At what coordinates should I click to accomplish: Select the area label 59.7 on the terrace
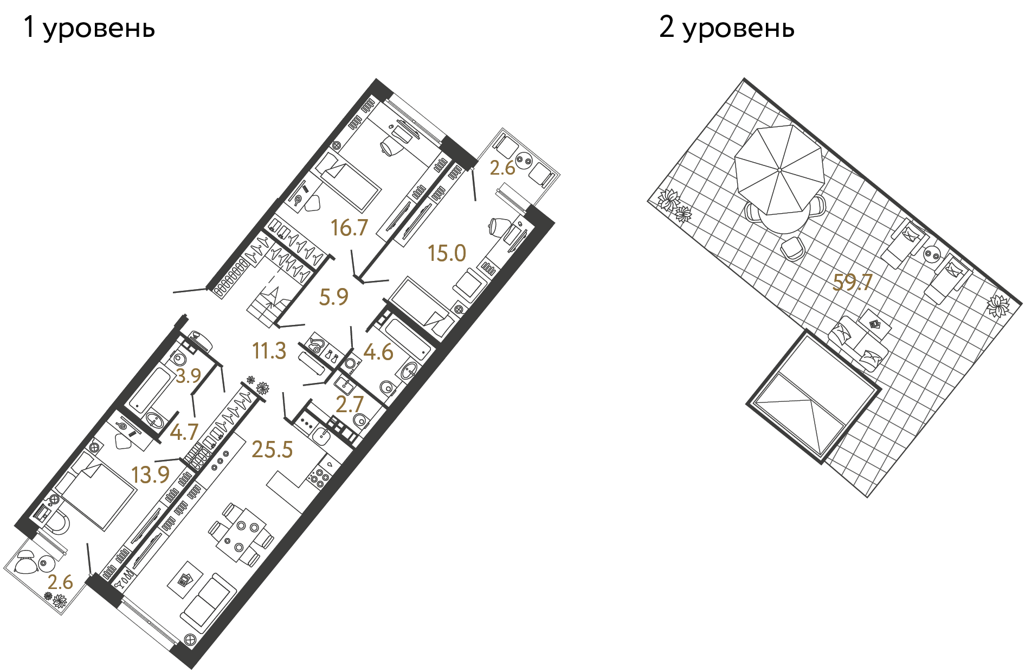click(852, 283)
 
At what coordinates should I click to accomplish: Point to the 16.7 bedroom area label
click(349, 228)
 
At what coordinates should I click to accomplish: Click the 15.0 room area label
click(447, 253)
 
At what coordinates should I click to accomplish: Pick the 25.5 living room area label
click(272, 450)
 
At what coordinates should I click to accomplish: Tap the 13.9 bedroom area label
click(150, 475)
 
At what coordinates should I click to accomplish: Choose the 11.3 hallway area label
click(269, 351)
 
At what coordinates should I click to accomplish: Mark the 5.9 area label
click(333, 297)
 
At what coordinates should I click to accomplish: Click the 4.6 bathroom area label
click(378, 353)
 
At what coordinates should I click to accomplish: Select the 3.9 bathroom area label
click(188, 375)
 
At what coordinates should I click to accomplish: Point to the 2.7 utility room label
click(349, 405)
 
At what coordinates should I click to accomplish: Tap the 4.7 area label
click(184, 432)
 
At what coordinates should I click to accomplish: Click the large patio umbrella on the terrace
click(779, 170)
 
